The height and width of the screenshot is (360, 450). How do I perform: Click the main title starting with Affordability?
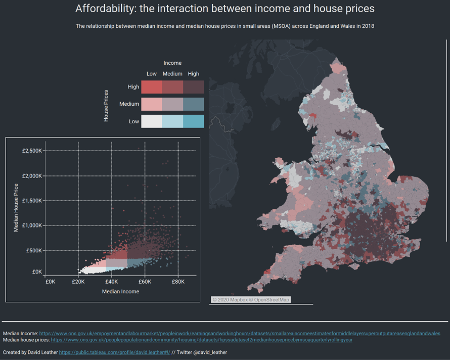click(224, 9)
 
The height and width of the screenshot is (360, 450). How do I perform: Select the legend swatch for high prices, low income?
click(151, 87)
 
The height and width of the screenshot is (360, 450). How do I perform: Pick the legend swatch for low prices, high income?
click(194, 121)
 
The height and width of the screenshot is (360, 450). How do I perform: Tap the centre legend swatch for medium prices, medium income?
click(172, 104)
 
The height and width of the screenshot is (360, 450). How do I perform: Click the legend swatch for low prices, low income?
click(151, 121)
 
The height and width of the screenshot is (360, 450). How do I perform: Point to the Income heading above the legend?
click(172, 63)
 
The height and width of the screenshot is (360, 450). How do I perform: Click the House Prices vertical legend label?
click(106, 106)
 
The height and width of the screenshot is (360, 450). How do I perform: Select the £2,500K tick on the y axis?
click(32, 151)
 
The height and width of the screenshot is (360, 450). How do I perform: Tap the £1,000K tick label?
click(32, 226)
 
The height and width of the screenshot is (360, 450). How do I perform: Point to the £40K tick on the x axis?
click(111, 282)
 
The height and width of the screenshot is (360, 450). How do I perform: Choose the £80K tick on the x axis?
click(178, 282)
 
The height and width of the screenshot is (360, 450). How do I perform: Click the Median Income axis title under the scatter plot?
click(120, 292)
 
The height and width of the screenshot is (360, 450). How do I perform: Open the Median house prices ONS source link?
click(202, 340)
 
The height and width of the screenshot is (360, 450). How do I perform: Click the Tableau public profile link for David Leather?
click(114, 352)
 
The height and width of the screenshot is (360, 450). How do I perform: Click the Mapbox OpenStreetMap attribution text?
click(251, 300)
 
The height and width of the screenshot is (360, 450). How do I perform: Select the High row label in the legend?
click(133, 87)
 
